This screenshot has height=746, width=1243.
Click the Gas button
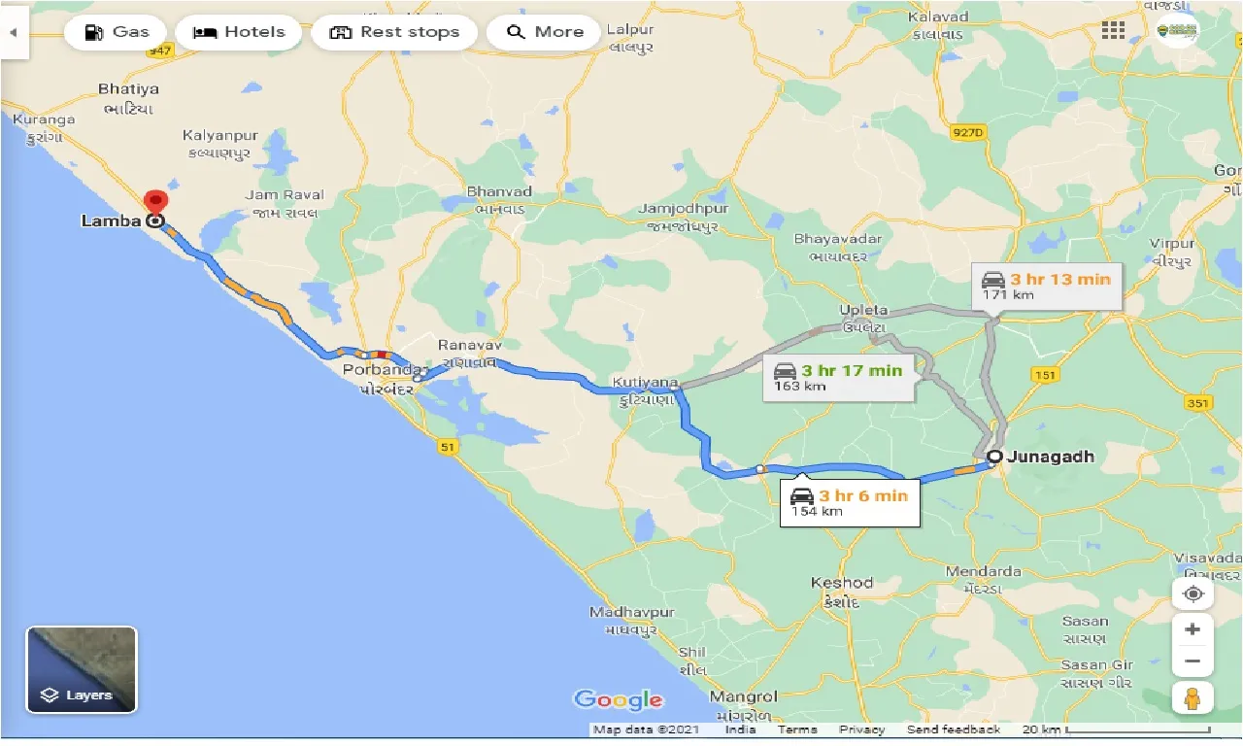click(116, 32)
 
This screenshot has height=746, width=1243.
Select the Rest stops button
click(393, 32)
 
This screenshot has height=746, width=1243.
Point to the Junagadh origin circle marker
click(994, 457)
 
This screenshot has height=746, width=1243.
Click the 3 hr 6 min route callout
click(850, 502)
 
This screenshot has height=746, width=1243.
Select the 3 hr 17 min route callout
click(842, 377)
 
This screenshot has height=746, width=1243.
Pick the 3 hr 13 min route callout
click(1048, 287)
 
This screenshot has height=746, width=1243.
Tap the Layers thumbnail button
click(82, 669)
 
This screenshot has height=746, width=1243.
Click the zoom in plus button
click(1193, 628)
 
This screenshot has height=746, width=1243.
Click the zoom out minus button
click(1193, 661)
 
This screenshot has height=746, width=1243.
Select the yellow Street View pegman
click(1193, 698)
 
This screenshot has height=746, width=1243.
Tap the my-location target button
click(1193, 593)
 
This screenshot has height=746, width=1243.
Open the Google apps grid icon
click(1113, 30)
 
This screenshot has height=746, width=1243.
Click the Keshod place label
click(842, 583)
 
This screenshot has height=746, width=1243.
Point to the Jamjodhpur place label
click(683, 209)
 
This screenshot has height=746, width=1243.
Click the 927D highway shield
click(967, 133)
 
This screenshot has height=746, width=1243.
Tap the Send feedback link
click(953, 729)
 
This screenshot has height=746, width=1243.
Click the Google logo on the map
click(619, 699)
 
